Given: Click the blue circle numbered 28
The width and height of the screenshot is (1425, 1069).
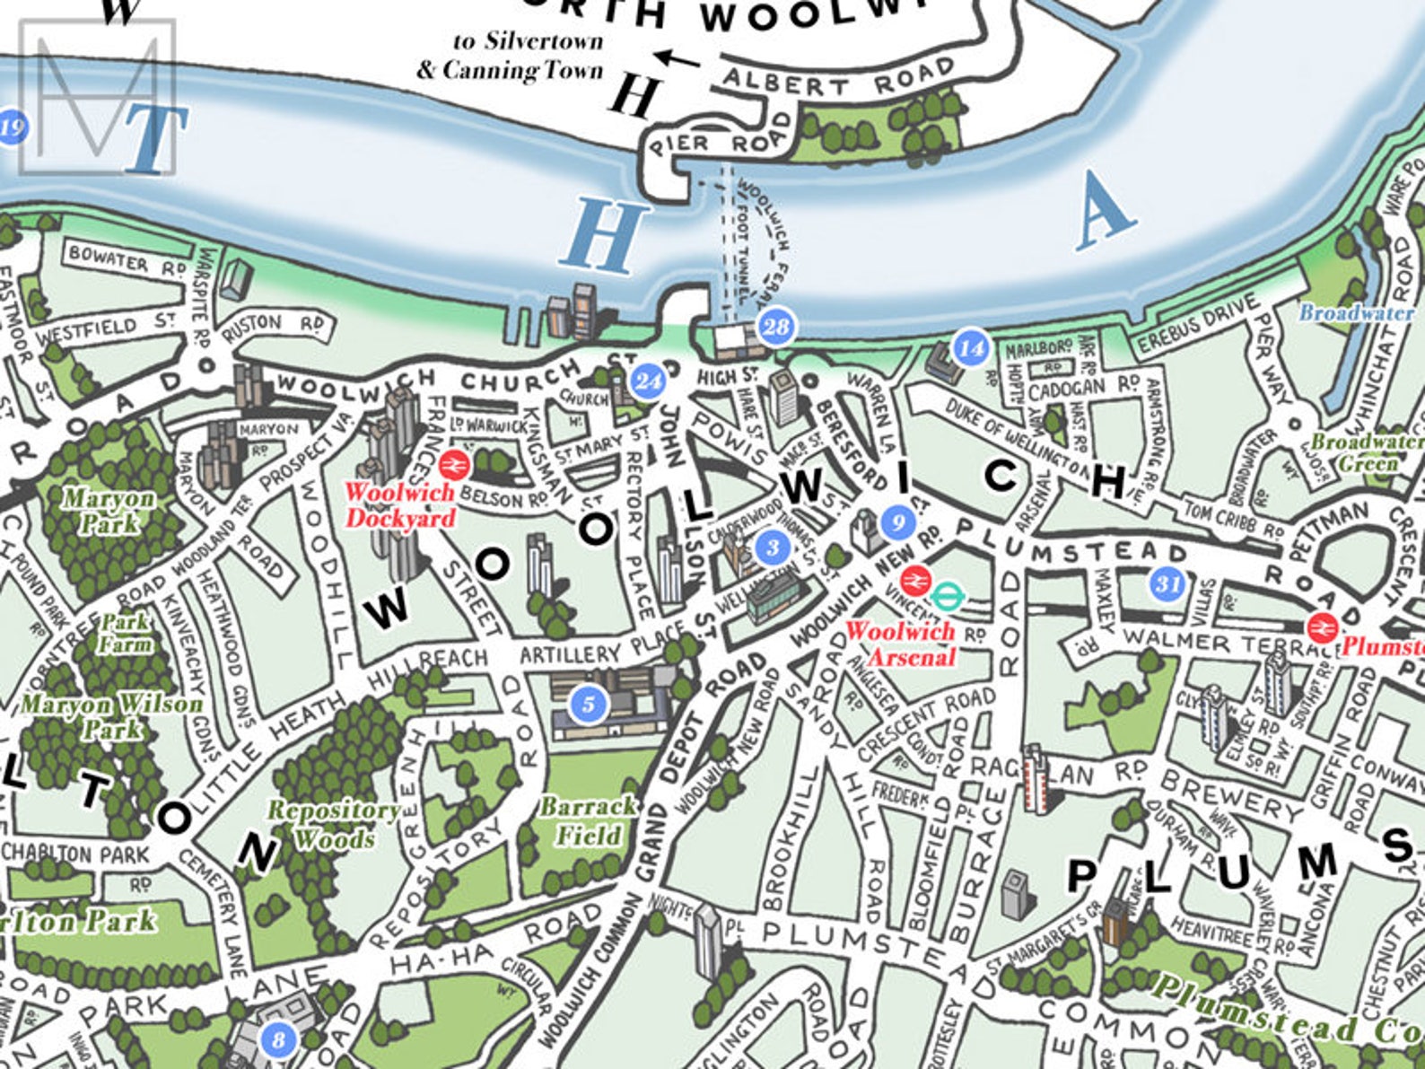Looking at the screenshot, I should (x=776, y=326).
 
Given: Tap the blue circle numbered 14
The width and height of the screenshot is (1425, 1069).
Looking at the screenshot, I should (x=971, y=348).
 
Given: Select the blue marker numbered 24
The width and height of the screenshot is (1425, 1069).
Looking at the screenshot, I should (x=648, y=381).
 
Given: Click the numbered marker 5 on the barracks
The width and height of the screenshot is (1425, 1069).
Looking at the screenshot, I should (x=589, y=704).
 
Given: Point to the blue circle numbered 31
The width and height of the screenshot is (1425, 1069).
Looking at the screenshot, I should (x=1167, y=585).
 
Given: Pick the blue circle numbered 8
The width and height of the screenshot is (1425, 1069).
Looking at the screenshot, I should (x=278, y=1039).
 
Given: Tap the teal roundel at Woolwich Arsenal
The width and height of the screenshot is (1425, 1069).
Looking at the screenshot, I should (x=946, y=593).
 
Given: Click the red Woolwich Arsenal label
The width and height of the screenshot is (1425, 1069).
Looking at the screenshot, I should (x=900, y=644).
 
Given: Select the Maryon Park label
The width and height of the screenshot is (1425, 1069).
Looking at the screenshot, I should (x=108, y=511).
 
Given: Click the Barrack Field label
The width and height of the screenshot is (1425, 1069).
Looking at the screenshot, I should (x=588, y=820).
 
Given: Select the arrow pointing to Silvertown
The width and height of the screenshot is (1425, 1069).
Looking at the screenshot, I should (x=678, y=59).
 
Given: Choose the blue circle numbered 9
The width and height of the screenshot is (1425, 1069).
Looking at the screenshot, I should (x=898, y=521).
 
